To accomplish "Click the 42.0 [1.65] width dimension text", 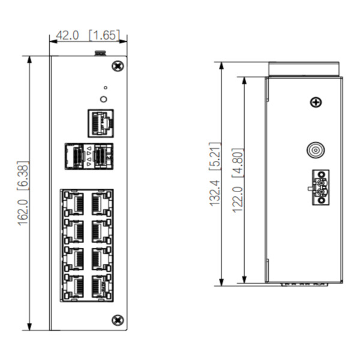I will [x=88, y=35].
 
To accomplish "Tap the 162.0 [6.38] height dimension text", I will [x=23, y=193].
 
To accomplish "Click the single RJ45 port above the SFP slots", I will [x=101, y=122].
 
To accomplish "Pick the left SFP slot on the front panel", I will [x=74, y=156].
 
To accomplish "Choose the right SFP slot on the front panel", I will [x=103, y=156].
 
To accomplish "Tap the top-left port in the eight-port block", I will [x=74, y=203].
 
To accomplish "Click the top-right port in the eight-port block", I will [x=100, y=203].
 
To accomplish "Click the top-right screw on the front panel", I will [x=118, y=64].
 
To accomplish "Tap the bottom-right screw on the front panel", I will [x=118, y=320].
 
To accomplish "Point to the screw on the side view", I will [x=316, y=103].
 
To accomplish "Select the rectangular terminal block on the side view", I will [x=320, y=187].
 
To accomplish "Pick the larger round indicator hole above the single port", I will [x=104, y=99].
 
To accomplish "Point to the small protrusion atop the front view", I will [x=100, y=54].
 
